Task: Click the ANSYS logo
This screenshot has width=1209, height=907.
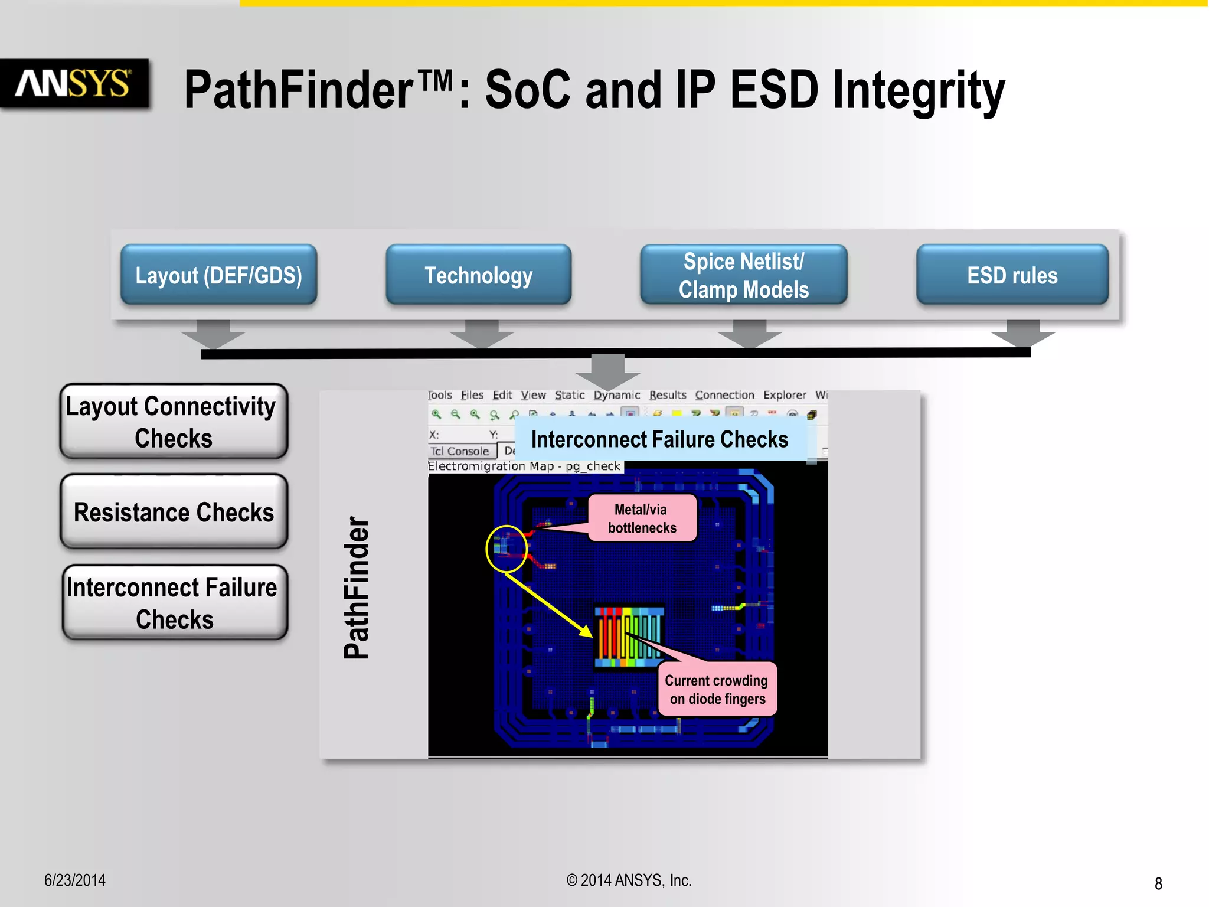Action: (x=74, y=83)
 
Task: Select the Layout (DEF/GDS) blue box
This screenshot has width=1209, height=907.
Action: (x=218, y=275)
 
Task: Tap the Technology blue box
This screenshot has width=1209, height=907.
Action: (x=478, y=275)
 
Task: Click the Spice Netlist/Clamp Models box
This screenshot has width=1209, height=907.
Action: (x=743, y=275)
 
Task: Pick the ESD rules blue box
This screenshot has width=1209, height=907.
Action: (x=1012, y=275)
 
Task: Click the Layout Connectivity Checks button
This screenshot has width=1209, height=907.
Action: (x=174, y=422)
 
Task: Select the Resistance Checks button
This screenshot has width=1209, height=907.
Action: (x=174, y=512)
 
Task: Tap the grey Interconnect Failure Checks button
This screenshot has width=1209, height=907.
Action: (x=174, y=603)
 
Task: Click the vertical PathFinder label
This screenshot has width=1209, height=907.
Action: (x=357, y=588)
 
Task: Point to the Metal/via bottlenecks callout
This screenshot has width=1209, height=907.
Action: (x=642, y=518)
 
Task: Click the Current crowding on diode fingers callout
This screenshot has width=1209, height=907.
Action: (x=717, y=689)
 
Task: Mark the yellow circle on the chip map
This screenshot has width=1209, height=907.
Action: (x=507, y=549)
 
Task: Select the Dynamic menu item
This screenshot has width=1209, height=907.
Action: (x=616, y=395)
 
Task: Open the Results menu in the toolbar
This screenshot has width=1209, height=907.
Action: (x=668, y=395)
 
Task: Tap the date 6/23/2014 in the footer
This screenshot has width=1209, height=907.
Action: (x=75, y=880)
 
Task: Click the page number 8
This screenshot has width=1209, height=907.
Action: (x=1158, y=883)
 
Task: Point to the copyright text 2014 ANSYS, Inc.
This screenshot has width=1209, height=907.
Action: (x=629, y=880)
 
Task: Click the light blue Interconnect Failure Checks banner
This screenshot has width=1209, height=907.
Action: (x=659, y=439)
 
